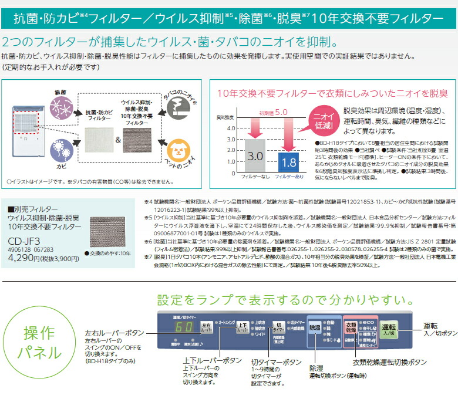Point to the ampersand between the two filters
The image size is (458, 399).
tap(117, 141)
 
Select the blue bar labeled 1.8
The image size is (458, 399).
tap(288, 160)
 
